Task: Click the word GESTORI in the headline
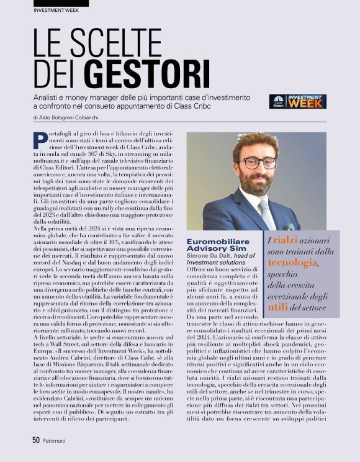point(146,73)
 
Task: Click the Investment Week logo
point(297,102)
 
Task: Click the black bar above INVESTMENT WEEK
point(52,3)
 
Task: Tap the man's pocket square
point(291,227)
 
